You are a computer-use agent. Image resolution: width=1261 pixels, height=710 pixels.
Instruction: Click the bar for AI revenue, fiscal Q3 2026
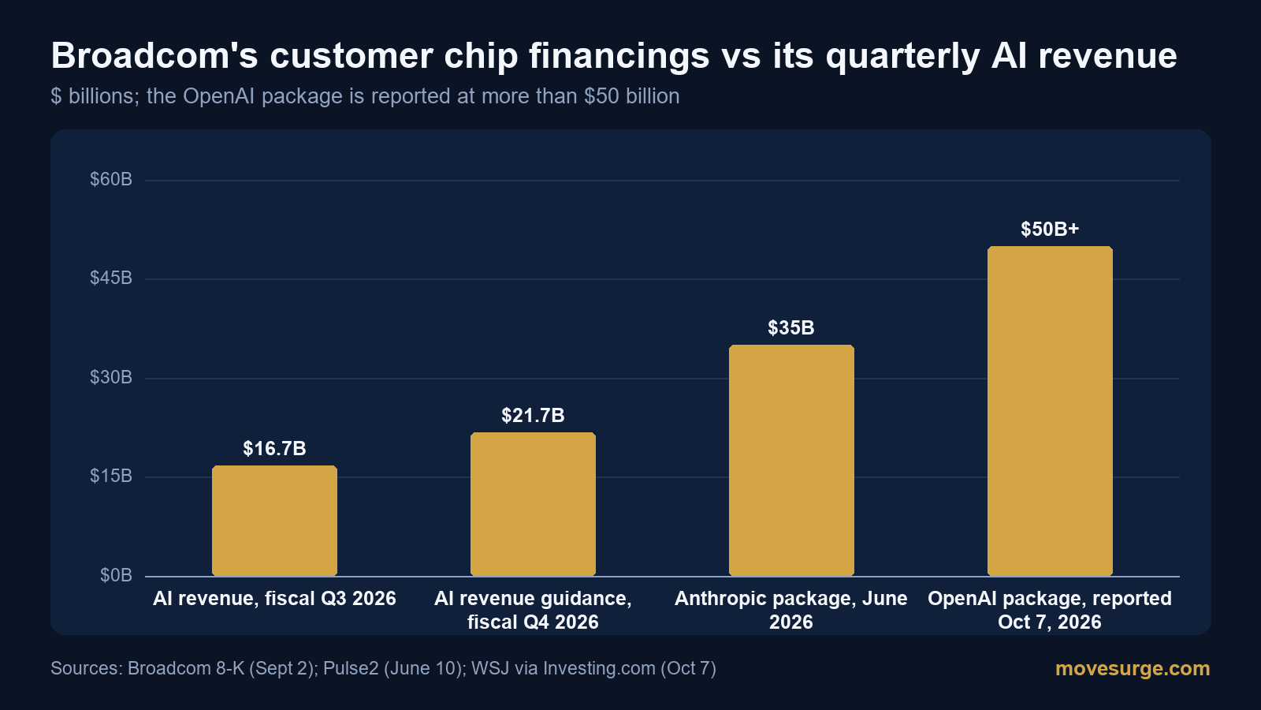click(x=275, y=521)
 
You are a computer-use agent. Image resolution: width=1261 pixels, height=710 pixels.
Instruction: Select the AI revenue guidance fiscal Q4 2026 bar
click(x=533, y=504)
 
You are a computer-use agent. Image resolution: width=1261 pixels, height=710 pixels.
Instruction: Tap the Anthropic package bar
click(x=791, y=461)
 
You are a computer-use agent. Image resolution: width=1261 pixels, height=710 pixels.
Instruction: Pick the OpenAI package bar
click(x=1050, y=411)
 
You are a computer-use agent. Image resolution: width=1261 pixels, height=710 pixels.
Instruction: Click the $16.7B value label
click(x=275, y=449)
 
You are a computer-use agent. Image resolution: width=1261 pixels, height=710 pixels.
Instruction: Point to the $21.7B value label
click(x=533, y=415)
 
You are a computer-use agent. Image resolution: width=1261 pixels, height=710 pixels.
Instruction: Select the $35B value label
click(x=791, y=327)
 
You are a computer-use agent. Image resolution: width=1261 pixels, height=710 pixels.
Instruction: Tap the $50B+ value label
click(x=1050, y=229)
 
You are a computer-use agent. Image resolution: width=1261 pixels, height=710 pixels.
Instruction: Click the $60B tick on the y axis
click(x=111, y=179)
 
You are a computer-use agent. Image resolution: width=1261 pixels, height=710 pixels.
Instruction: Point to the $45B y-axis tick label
click(x=111, y=278)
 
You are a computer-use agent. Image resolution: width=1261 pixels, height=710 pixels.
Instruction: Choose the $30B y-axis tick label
click(x=111, y=377)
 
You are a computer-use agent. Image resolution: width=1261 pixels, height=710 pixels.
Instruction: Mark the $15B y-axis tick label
click(x=111, y=476)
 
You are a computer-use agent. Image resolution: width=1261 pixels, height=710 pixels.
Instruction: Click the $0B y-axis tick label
click(x=116, y=575)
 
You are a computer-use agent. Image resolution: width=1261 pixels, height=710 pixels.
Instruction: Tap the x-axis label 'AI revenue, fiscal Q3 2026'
click(x=275, y=599)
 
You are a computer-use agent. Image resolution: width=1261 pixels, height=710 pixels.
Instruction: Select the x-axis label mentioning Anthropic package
click(x=791, y=611)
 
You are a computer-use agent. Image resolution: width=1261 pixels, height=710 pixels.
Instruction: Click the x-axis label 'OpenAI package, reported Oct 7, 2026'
click(x=1050, y=611)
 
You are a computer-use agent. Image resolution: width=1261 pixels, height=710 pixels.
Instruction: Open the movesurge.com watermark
click(x=1133, y=668)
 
